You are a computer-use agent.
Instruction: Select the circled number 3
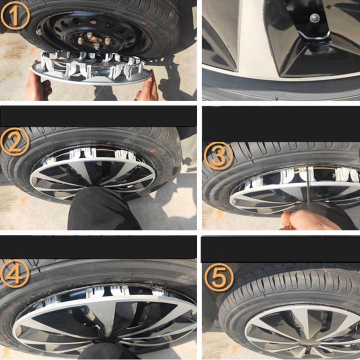pos(218,156)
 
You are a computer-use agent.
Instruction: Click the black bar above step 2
pos(98,115)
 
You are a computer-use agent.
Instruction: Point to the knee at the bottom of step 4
pos(107,350)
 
